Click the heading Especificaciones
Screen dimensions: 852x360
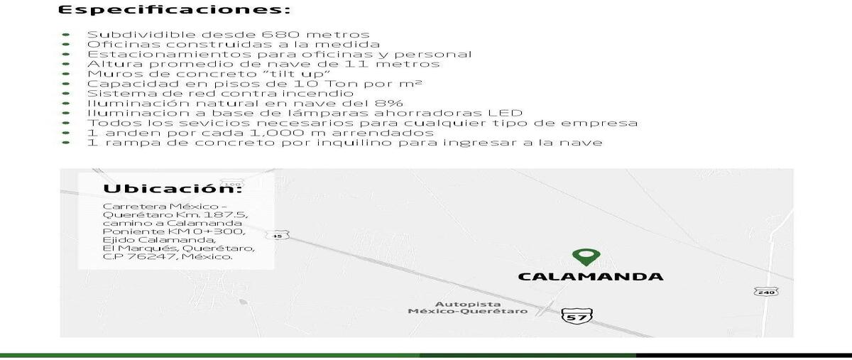174,10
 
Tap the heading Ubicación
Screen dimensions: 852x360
173,189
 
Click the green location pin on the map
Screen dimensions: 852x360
586,257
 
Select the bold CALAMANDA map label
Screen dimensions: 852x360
591,277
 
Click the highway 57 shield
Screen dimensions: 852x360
577,316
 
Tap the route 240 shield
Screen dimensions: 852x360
766,292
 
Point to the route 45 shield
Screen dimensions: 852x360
278,236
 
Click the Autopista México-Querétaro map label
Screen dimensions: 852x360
468,307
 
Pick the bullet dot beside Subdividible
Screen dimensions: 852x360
66,35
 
